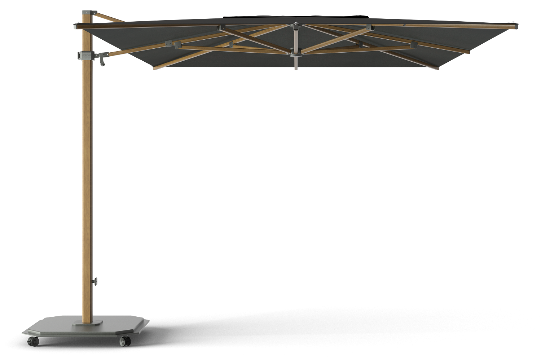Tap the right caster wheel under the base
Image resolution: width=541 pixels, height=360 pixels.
click(x=124, y=341)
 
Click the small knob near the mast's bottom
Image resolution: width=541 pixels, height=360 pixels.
click(x=96, y=280)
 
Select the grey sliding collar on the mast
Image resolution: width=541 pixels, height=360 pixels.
click(x=86, y=55)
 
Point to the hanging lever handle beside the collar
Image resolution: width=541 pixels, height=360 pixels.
click(x=104, y=61)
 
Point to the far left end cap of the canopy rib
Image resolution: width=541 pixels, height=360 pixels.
click(x=75, y=26)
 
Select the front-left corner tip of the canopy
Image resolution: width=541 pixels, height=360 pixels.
click(x=154, y=69)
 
